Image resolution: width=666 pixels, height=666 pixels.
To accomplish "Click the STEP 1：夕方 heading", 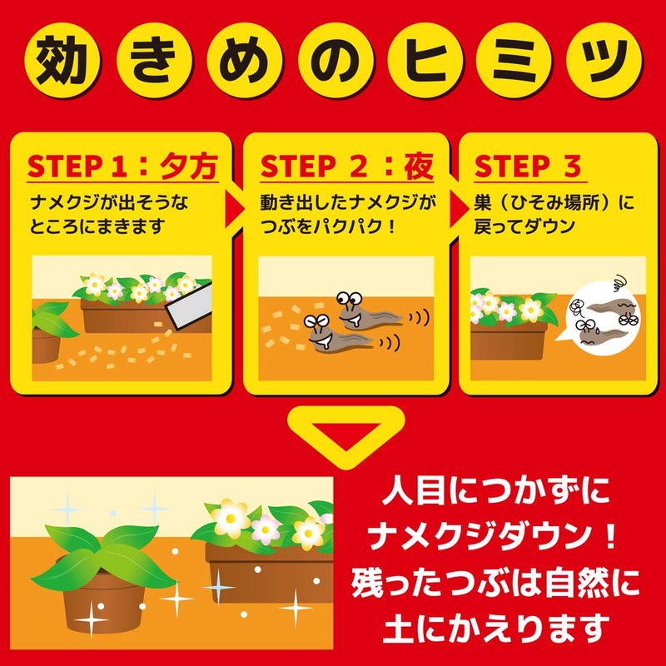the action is point(122,166).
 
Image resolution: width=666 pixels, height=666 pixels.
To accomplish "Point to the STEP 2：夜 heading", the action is point(346,166).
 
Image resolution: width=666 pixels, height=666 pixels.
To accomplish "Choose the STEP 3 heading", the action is point(528,166).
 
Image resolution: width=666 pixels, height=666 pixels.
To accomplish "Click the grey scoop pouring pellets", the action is point(190,306).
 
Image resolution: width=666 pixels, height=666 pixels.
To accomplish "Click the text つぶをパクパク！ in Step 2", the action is point(328,226).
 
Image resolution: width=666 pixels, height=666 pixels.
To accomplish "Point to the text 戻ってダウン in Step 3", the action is point(524,226).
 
